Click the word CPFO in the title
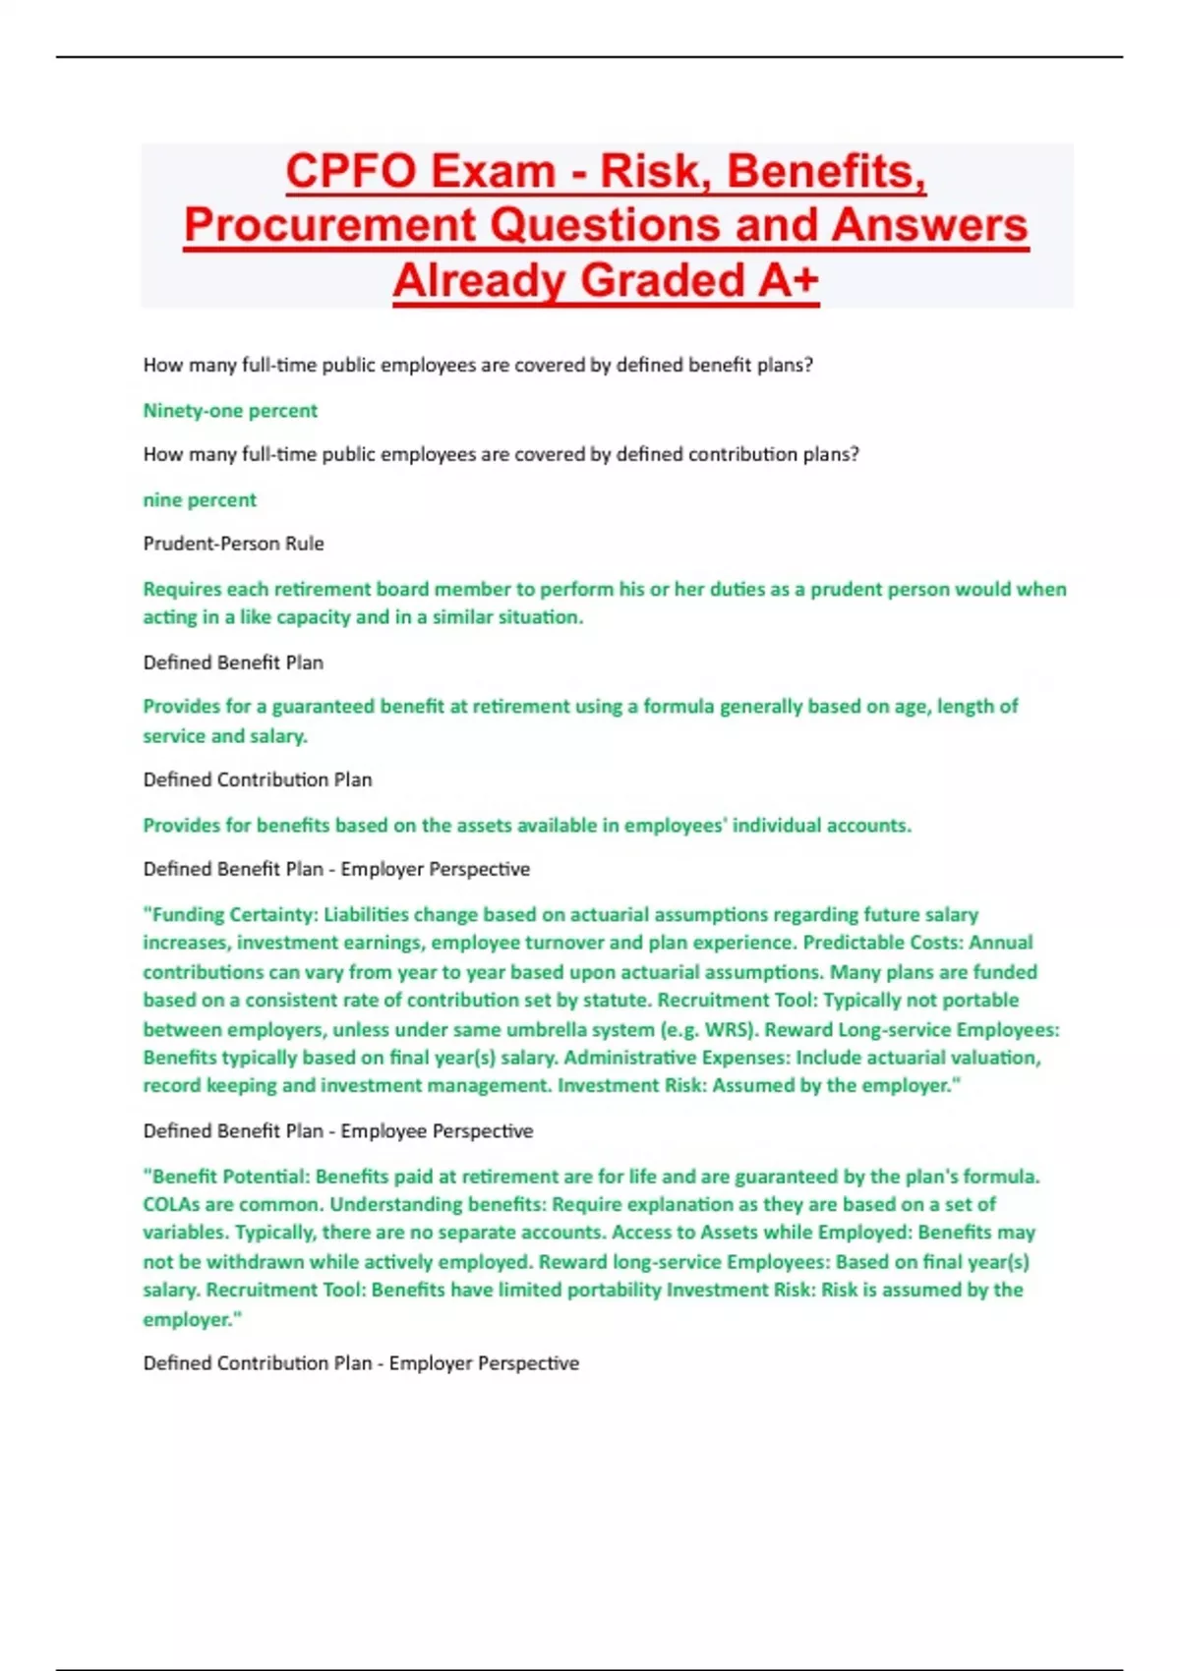click(350, 171)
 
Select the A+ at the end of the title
click(788, 280)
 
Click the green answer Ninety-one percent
click(230, 411)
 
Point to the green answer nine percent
click(200, 500)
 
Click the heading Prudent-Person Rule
click(233, 544)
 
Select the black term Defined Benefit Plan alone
click(233, 663)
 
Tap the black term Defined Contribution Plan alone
click(258, 779)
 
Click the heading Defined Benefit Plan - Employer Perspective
click(336, 869)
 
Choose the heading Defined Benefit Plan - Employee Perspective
click(338, 1131)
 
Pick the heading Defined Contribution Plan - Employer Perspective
click(361, 1363)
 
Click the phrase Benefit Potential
click(228, 1177)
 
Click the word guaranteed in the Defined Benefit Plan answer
click(323, 707)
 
